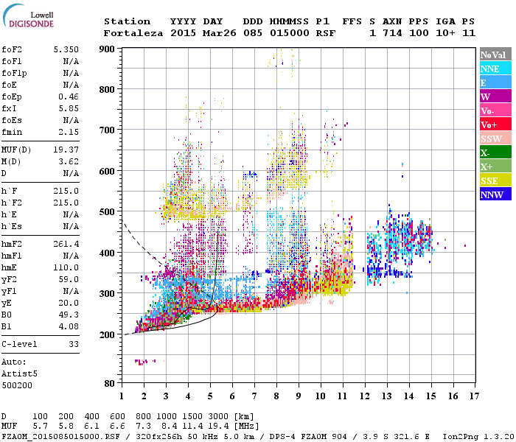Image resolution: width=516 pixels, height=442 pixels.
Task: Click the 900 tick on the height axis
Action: pos(107,49)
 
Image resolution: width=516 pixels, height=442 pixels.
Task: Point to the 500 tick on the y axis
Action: pos(107,212)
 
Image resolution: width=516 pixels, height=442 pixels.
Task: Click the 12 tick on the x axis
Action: pos(365,396)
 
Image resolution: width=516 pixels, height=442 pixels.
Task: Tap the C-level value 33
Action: pos(73,343)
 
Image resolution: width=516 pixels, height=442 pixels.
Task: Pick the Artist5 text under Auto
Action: pos(18,373)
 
